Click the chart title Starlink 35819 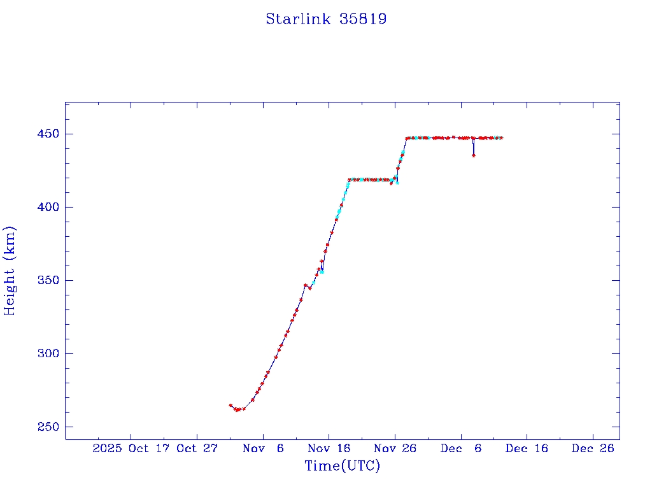[326, 19]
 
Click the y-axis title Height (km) [10, 270]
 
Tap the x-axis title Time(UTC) [342, 466]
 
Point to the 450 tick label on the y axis [48, 134]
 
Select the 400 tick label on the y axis [48, 207]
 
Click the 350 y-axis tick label [48, 280]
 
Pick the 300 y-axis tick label [48, 353]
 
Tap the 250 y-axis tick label [48, 427]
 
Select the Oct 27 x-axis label [197, 448]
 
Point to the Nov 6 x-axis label [263, 448]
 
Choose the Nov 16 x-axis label [329, 448]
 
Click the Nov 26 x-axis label [395, 448]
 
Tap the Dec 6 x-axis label [461, 448]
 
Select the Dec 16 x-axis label [527, 448]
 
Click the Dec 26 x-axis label [593, 448]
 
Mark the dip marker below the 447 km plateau [473, 155]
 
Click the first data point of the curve [230, 405]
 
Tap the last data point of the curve [502, 138]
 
